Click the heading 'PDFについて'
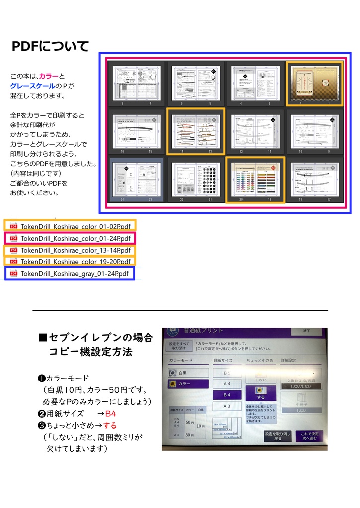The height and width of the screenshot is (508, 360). (50, 46)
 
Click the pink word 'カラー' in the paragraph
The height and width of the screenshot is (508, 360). (49, 76)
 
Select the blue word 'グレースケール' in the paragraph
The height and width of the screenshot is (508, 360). (32, 86)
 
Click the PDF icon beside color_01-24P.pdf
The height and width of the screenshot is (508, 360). (13, 238)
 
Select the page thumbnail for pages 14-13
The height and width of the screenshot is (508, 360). (196, 131)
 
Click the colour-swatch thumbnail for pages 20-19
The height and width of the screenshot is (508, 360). (255, 180)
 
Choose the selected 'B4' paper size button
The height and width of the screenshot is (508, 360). (226, 395)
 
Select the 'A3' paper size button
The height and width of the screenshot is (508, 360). (226, 406)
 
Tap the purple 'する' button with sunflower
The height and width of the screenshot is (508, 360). (261, 392)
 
